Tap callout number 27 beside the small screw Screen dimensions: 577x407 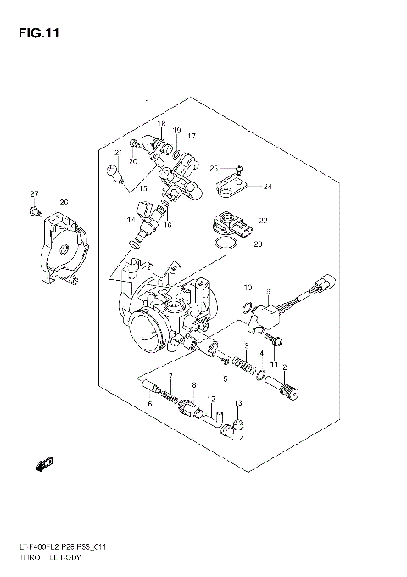[35, 194]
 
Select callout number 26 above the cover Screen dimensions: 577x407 [63, 201]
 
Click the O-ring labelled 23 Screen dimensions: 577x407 [223, 246]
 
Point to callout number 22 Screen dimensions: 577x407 [263, 221]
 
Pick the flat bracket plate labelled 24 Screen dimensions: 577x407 [230, 181]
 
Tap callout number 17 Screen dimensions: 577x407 [192, 136]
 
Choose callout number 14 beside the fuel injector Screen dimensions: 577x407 [131, 221]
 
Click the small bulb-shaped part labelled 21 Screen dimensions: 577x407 [112, 174]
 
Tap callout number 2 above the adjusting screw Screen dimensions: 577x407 [284, 367]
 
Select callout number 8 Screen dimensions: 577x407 [193, 386]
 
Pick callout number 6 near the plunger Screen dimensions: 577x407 [149, 404]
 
